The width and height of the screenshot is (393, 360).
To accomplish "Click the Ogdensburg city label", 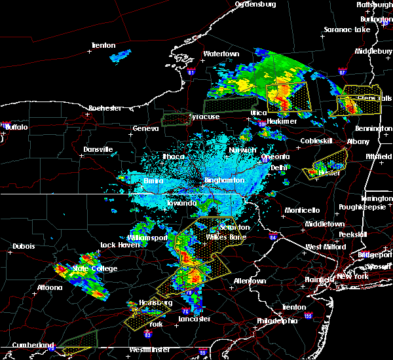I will (256, 4).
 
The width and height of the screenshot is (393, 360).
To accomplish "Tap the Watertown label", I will (221, 54).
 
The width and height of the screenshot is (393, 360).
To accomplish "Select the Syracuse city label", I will (204, 117).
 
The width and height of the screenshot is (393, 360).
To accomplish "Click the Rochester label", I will (105, 108).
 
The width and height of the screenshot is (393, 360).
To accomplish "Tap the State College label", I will (95, 268).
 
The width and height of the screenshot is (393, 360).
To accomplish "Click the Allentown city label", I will (250, 281).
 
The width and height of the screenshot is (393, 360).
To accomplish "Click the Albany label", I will (358, 141).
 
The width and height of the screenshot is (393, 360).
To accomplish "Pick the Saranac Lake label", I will (347, 30).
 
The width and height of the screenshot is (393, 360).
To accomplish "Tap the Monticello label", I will (301, 210).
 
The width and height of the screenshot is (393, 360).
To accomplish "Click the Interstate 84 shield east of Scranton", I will (273, 236).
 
